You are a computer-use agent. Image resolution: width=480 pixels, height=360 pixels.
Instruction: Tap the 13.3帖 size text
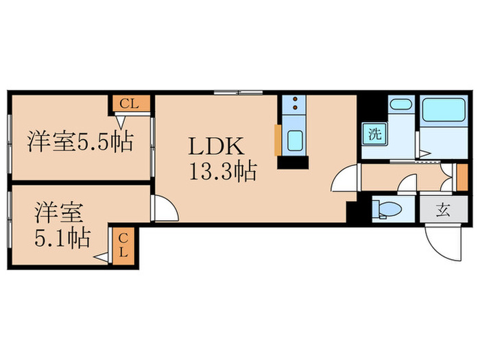pos(222,171)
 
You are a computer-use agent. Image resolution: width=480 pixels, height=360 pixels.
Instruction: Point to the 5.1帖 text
pos(62,239)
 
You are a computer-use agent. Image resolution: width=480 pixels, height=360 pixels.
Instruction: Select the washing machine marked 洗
pos(374,134)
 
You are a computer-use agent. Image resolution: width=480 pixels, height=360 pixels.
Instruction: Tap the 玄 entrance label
pos(443,210)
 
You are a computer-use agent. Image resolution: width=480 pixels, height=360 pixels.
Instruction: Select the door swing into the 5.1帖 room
pos(163,208)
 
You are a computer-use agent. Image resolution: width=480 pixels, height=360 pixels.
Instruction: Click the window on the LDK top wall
pos(237,91)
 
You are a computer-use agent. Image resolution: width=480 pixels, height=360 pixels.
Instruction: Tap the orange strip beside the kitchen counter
pos(277,141)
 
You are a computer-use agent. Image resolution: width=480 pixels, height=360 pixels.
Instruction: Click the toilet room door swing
pos(408,184)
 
